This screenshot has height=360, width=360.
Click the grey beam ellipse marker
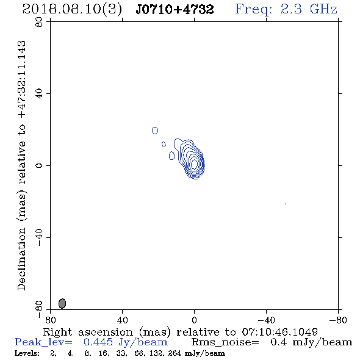62,303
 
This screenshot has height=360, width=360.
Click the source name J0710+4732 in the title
175,9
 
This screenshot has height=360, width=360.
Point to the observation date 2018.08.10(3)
73,10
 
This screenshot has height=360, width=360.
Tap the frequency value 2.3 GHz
309,9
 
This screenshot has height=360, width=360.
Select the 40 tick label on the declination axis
39,94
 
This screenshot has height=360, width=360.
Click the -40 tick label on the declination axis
39,237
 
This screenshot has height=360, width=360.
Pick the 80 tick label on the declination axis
39,22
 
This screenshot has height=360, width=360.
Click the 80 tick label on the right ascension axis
50,320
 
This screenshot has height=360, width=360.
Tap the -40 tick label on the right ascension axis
266,320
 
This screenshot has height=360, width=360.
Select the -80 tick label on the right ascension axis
338,320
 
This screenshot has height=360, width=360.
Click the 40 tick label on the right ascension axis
123,320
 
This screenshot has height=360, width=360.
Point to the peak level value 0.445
98,342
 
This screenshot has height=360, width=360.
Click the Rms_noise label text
225,342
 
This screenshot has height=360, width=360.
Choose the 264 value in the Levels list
175,353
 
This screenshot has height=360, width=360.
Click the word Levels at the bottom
27,353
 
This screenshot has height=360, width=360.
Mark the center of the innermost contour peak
194,164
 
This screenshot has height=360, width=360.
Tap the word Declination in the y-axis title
21,259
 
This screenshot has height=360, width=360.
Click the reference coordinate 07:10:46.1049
279,332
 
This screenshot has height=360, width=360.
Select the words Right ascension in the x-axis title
88,332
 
